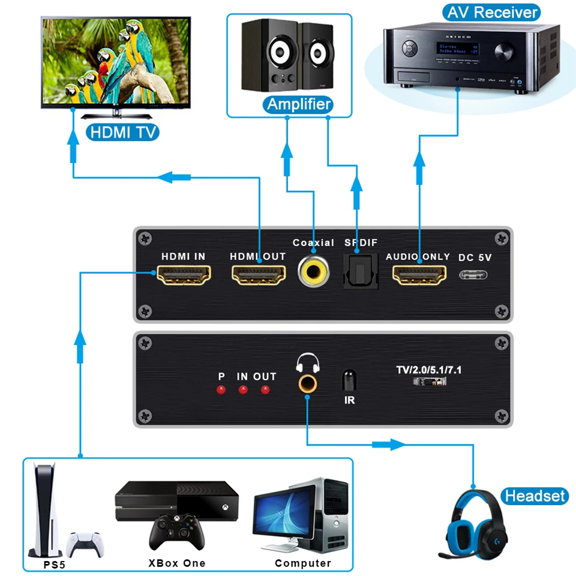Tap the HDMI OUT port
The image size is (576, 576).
click(258, 275)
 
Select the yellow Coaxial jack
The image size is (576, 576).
click(313, 271)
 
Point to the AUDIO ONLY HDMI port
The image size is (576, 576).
click(418, 275)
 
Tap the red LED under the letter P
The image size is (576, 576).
click(221, 391)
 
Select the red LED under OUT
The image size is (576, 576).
click(265, 391)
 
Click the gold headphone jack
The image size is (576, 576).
click(308, 383)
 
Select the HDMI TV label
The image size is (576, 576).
click(122, 131)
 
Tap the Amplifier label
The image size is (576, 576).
click(298, 104)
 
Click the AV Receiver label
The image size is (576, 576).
click(491, 12)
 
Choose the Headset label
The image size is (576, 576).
click(535, 496)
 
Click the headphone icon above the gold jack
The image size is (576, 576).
click(308, 362)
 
